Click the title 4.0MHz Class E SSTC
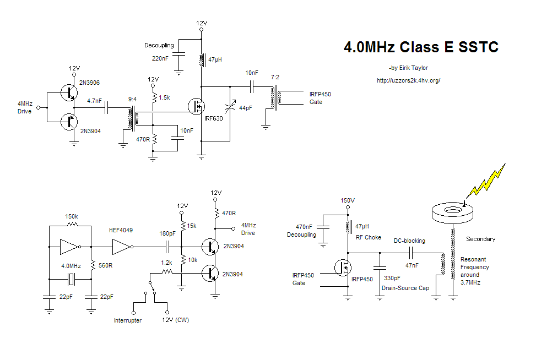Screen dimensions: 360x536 pos(421,47)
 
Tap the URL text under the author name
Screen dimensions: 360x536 pos(408,80)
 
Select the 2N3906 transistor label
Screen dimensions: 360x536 pos(90,83)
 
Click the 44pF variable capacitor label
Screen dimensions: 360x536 pos(245,108)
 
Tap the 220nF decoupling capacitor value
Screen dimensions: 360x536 pos(161,58)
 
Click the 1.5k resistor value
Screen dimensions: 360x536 pos(164,97)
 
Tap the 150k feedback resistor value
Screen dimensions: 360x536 pos(72,216)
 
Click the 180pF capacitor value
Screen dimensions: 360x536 pos(167,233)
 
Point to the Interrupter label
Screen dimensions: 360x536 pos(128,320)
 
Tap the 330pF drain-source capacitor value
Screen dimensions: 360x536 pos(392,279)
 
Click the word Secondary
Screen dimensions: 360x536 pos(480,239)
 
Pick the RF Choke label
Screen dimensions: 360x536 pos(368,237)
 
